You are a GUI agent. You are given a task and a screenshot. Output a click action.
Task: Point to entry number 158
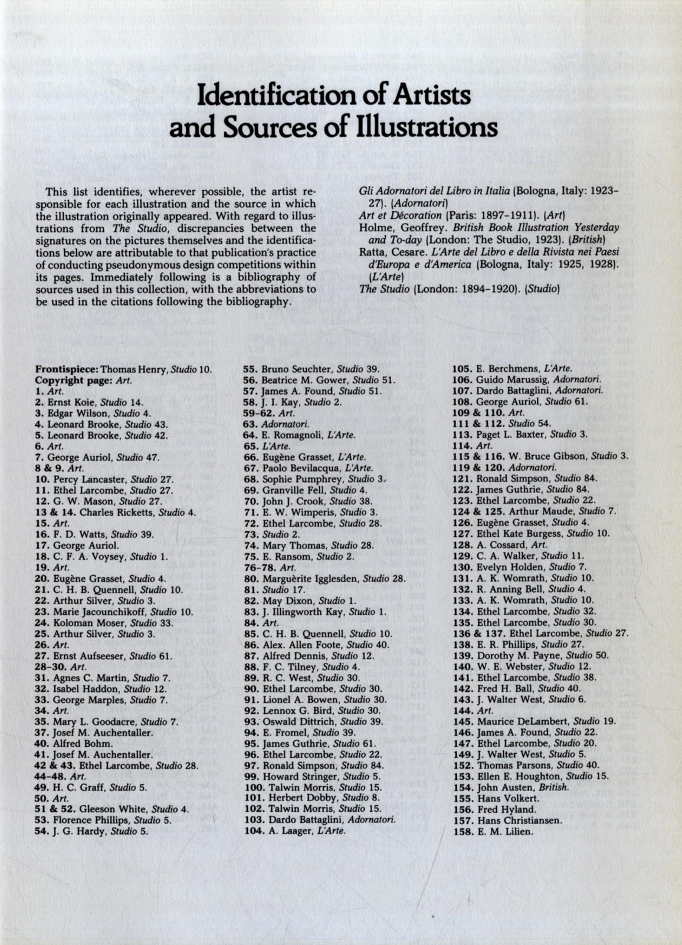click(x=463, y=831)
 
